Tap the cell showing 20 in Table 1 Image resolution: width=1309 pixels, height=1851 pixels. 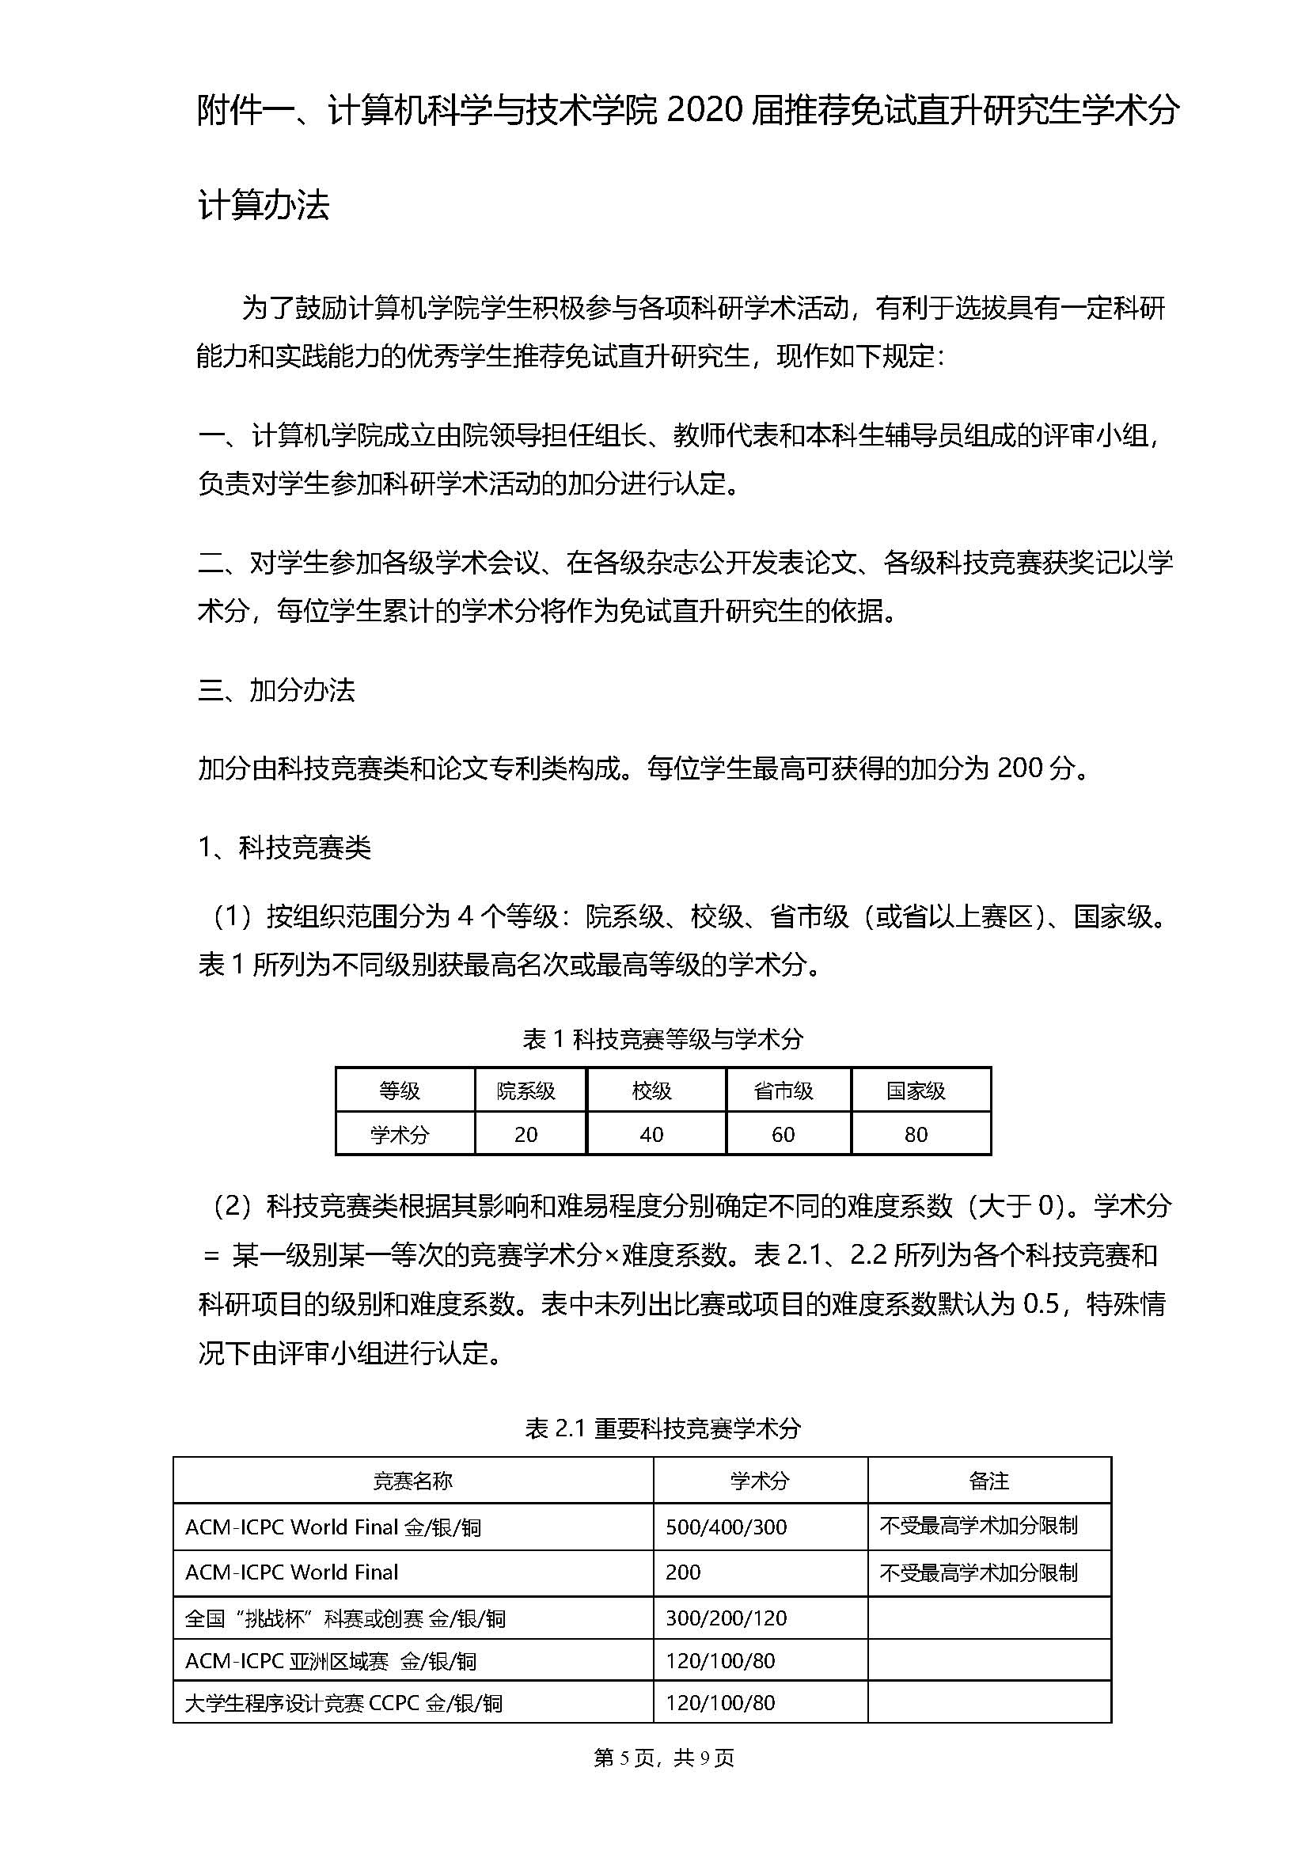(x=525, y=1134)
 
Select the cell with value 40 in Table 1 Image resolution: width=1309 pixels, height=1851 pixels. (x=651, y=1134)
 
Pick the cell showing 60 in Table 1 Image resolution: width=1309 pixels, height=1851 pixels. (x=784, y=1134)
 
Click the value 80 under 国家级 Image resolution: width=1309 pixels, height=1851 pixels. (x=916, y=1134)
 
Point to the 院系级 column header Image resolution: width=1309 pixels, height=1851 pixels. (x=525, y=1090)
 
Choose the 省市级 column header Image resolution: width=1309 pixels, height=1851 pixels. (x=784, y=1090)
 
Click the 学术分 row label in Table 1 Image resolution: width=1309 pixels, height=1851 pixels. (x=400, y=1134)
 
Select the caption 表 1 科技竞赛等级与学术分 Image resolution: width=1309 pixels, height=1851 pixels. (x=662, y=1039)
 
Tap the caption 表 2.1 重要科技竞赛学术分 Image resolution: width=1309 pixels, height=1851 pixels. (x=662, y=1428)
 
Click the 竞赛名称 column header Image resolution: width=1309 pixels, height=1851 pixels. (x=412, y=1480)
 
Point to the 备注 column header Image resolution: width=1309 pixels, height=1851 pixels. (x=989, y=1480)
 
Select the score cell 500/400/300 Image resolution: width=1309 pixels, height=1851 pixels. (x=727, y=1527)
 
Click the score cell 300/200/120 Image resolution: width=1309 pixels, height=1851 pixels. (x=727, y=1618)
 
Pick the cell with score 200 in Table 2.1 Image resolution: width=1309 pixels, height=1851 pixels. (x=683, y=1572)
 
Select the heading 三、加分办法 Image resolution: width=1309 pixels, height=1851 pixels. (x=276, y=690)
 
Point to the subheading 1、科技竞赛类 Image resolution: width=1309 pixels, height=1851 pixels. (x=285, y=848)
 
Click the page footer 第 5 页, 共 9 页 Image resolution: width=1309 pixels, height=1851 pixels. (x=663, y=1758)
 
